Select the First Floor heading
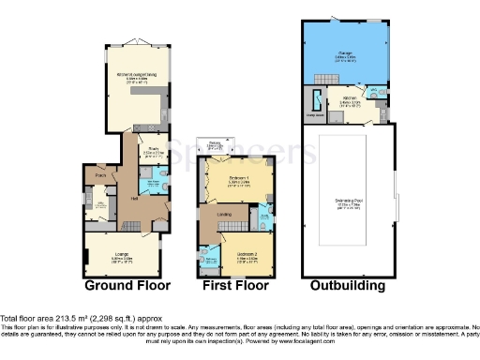coord(234,285)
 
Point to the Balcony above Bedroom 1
coord(215,144)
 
